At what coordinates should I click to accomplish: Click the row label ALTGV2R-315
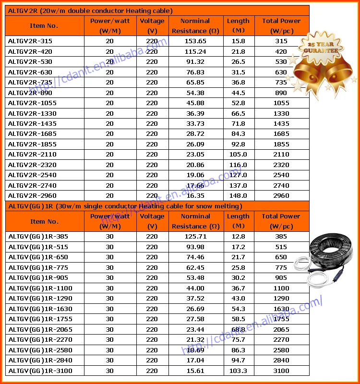30,41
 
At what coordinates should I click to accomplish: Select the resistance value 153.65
195,41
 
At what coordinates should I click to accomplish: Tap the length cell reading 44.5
238,93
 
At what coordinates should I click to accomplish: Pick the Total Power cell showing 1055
281,103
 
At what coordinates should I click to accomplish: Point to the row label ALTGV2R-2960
32,196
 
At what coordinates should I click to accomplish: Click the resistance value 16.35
195,196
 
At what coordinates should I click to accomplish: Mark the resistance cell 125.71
195,237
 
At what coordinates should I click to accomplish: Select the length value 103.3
238,371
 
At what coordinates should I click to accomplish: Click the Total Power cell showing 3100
281,371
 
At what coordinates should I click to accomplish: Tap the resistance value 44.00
195,288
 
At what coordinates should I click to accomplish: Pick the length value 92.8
238,144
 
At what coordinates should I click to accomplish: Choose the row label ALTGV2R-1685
32,134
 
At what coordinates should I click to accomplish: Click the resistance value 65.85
195,82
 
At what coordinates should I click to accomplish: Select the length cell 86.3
238,350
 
